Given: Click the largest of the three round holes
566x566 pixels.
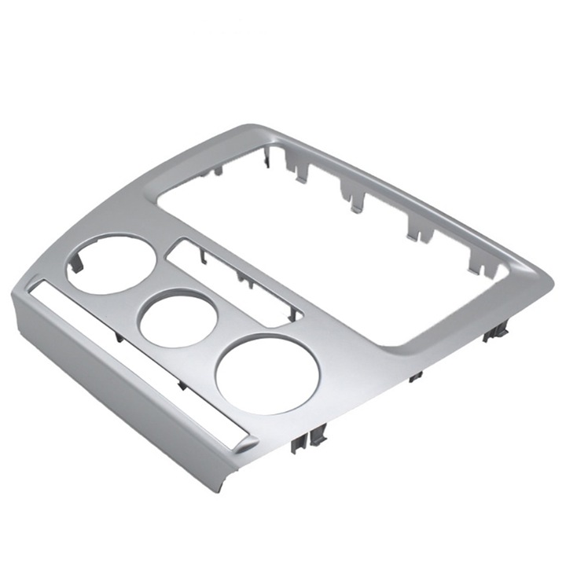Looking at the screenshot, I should [x=267, y=374].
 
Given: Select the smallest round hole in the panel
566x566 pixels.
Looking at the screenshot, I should [x=178, y=318].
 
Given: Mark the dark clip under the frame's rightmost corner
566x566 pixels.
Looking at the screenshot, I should [x=494, y=333].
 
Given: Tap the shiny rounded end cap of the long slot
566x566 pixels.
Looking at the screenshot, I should [x=242, y=445].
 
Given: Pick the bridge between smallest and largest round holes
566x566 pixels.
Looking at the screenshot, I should [x=217, y=346].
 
